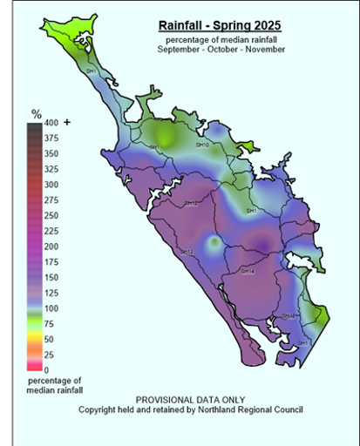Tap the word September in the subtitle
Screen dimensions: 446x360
tap(180, 49)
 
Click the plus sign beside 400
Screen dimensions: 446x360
tap(67, 123)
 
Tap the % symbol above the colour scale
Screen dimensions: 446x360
tap(37, 113)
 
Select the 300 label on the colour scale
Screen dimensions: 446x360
tap(51, 185)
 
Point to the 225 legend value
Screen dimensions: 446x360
tap(51, 231)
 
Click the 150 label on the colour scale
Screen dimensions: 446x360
tap(51, 277)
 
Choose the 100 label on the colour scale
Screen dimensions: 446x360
tap(51, 308)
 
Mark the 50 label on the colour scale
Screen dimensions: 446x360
tap(49, 339)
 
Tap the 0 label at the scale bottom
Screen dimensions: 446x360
tap(46, 370)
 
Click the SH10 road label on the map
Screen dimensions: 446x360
tap(202, 145)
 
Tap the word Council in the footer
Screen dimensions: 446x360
tap(287, 409)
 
